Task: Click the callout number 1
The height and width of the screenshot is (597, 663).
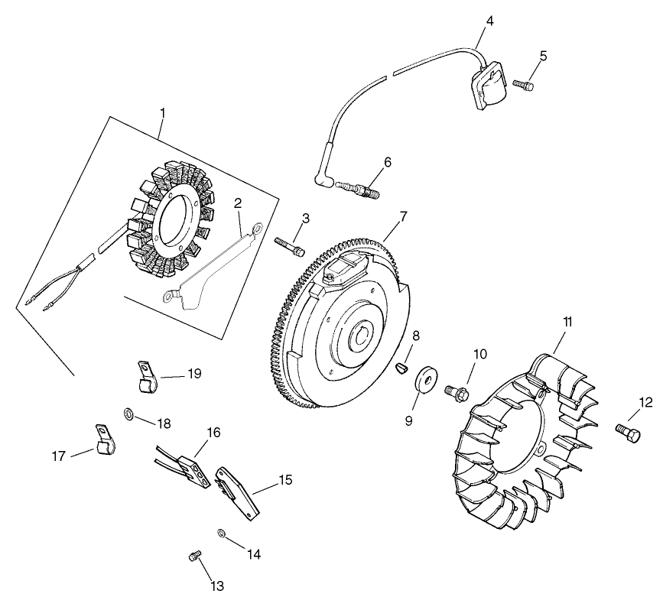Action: click(x=162, y=112)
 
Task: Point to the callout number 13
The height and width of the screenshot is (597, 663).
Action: click(x=217, y=586)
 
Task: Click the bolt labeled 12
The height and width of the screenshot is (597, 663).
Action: click(x=626, y=432)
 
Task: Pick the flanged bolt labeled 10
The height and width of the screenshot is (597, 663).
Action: click(x=457, y=391)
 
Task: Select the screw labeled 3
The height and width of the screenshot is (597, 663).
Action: click(x=290, y=245)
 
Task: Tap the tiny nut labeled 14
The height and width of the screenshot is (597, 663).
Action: click(x=221, y=532)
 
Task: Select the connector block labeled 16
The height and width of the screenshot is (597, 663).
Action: click(x=190, y=468)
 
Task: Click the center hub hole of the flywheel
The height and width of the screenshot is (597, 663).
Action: click(x=359, y=335)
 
